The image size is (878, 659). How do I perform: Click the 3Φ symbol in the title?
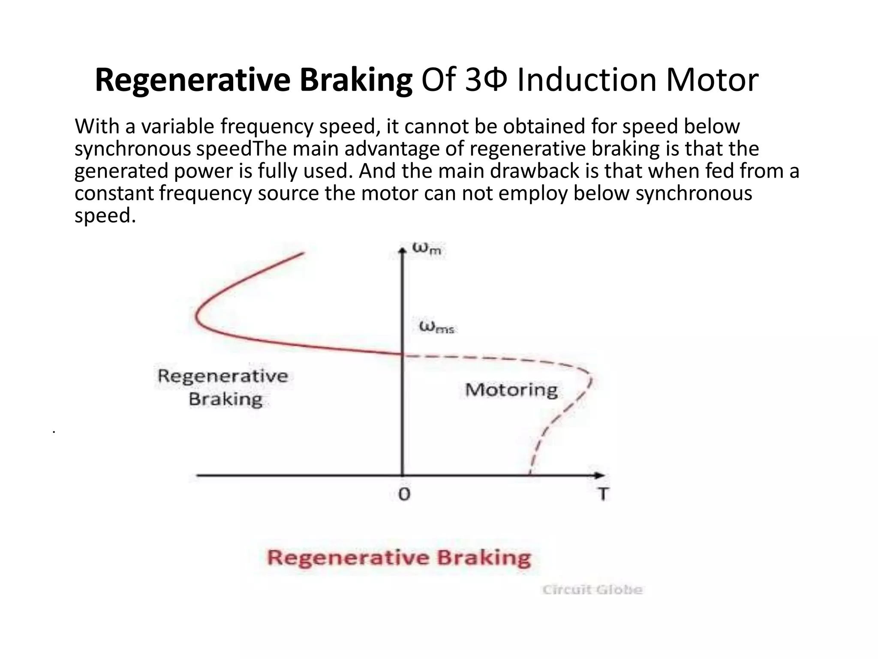point(487,80)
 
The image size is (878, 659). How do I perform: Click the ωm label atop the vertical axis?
point(427,248)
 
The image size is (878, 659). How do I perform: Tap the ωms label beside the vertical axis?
point(436,328)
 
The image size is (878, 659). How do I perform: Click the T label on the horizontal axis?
point(603,494)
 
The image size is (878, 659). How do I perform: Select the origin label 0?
point(404,494)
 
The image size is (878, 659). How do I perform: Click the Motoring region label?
point(511,390)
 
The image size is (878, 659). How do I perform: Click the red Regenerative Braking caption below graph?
point(399,558)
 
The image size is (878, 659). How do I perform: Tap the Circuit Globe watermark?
point(592,590)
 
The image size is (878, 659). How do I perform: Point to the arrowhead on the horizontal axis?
point(600,475)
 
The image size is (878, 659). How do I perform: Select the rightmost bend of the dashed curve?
point(591,378)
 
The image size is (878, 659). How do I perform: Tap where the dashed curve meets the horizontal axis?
point(530,475)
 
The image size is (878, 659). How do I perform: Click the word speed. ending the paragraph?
point(105,215)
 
